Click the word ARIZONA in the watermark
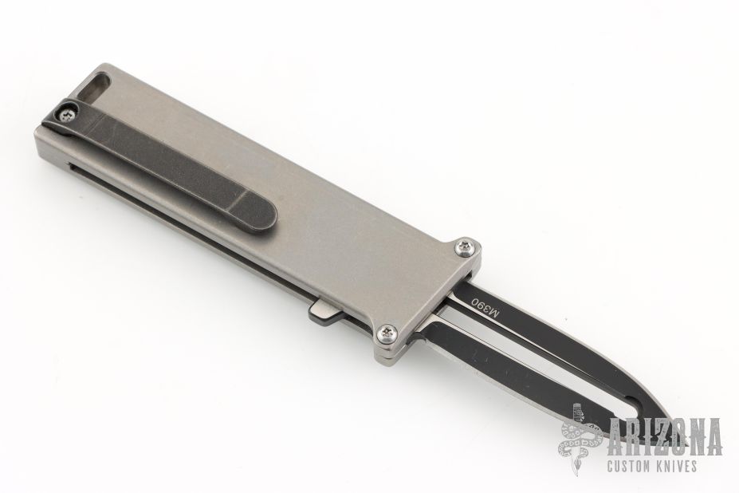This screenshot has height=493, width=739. [x=665, y=437]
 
